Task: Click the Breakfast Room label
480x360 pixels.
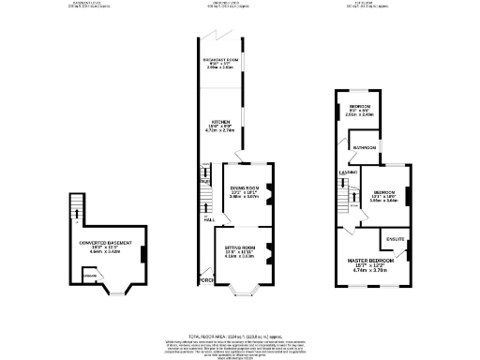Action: click(221, 61)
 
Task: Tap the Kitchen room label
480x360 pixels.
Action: click(221, 123)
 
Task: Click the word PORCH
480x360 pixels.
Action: click(205, 279)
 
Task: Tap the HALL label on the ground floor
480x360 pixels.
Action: click(207, 218)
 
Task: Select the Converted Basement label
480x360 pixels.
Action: click(102, 243)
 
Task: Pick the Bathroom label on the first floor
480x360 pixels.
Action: click(365, 148)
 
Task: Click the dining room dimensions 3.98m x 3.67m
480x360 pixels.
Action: click(244, 198)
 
